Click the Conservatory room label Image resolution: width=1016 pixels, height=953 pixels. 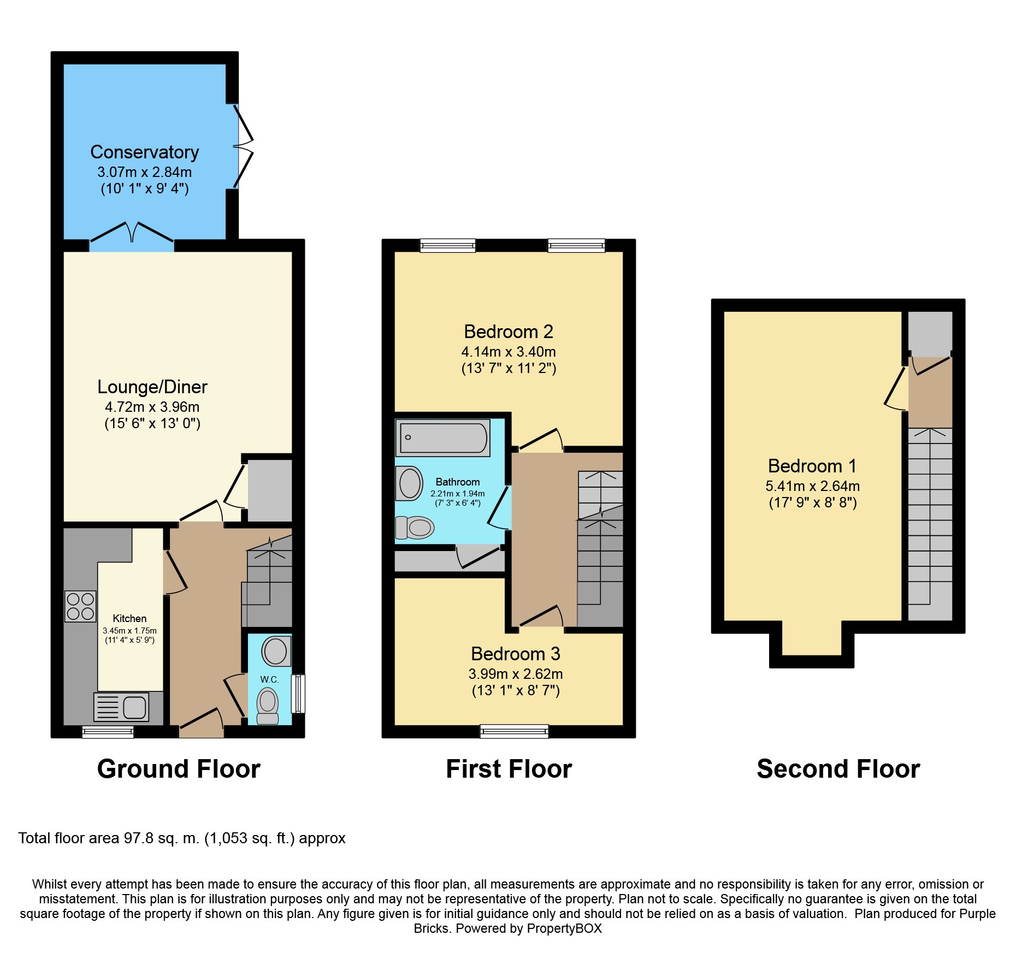coord(145,152)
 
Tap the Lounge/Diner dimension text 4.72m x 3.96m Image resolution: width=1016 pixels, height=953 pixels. coord(152,407)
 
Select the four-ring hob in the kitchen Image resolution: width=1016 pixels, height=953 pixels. coord(80,606)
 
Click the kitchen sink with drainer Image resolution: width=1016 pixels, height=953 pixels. coord(121,707)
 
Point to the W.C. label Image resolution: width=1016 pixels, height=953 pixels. coord(269,679)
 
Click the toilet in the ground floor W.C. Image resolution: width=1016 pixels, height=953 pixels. coord(268,706)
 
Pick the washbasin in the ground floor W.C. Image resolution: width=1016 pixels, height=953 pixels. coord(276,650)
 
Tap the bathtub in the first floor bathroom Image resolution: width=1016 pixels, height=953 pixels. coord(442,437)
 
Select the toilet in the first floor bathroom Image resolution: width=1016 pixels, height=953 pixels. coord(415,528)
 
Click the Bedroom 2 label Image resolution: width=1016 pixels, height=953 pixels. coord(509,332)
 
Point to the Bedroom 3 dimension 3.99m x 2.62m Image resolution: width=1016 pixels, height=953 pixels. coord(516,674)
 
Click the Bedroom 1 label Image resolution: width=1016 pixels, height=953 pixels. coord(812,466)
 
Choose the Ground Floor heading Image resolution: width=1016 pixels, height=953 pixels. coord(179,769)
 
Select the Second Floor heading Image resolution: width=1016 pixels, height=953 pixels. coord(838,769)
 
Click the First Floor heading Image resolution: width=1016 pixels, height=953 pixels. coord(509,769)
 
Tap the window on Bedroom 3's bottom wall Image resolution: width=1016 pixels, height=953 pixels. coord(514,731)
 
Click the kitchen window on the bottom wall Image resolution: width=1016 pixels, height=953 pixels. coord(108,732)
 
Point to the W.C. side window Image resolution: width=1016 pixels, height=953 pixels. coord(298,694)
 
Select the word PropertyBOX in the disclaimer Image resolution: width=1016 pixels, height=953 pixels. coord(564,928)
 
